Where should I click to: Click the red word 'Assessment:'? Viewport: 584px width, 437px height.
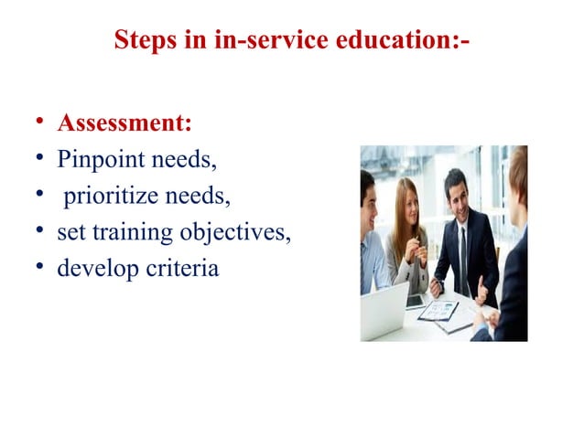point(124,123)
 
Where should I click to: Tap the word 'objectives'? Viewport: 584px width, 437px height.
point(235,233)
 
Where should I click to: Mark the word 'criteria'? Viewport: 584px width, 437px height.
point(183,270)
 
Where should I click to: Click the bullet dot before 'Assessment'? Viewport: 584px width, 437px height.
point(40,123)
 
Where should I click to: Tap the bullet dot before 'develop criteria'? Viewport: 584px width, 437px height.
point(40,271)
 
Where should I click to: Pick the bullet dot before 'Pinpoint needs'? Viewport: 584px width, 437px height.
point(40,161)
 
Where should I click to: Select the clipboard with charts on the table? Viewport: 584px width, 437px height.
point(438,310)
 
